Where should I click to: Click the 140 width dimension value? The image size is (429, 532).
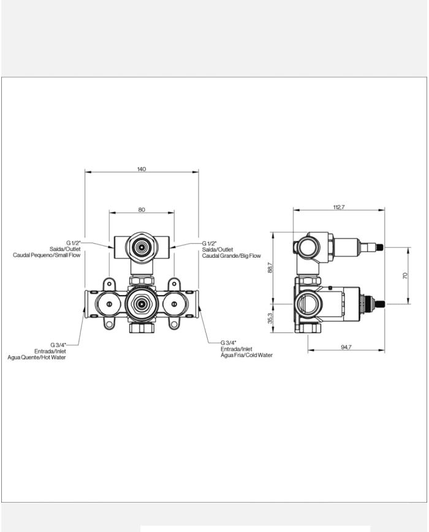tap(142, 169)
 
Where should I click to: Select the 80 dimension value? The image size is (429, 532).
tap(142, 209)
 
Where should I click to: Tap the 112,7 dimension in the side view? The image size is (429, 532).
tap(339, 208)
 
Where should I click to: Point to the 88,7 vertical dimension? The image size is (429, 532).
tap(270, 268)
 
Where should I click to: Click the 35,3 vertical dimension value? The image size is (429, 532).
tap(270, 319)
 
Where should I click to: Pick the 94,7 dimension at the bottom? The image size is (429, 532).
tap(346, 347)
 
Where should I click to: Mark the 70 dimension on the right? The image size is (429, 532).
tap(405, 275)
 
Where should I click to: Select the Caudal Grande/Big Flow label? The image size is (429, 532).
tap(232, 255)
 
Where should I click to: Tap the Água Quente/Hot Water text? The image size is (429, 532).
tap(36, 357)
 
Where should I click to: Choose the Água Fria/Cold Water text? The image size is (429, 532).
tap(246, 354)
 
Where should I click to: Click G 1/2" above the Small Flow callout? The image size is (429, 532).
tap(74, 243)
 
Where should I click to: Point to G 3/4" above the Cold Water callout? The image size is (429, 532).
tap(229, 342)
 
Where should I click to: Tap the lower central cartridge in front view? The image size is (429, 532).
tap(142, 303)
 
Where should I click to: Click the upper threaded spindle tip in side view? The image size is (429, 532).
tap(381, 247)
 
